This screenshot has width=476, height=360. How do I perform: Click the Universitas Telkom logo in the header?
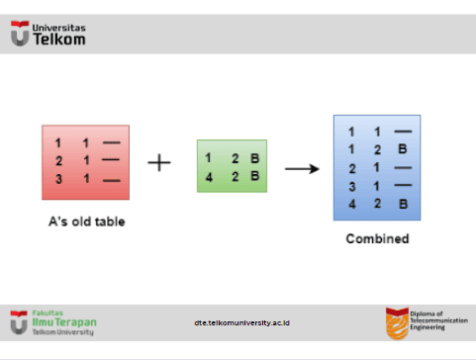pyautogui.click(x=48, y=34)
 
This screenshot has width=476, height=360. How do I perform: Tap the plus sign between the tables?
pyautogui.click(x=159, y=162)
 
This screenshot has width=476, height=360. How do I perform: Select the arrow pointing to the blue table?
pyautogui.click(x=302, y=169)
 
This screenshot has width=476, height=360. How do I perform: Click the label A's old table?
pyautogui.click(x=87, y=222)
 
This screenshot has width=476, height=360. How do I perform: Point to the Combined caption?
pyautogui.click(x=377, y=238)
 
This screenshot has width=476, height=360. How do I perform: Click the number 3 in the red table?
pyautogui.click(x=58, y=179)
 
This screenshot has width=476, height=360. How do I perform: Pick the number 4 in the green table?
pyautogui.click(x=209, y=177)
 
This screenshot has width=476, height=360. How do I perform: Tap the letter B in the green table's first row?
pyautogui.click(x=254, y=158)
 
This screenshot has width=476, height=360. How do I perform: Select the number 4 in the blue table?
pyautogui.click(x=352, y=204)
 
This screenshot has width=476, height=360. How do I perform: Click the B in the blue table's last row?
pyautogui.click(x=403, y=204)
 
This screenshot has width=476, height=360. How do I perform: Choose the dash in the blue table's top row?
pyautogui.click(x=403, y=132)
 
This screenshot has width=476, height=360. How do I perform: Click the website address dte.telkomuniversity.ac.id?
pyautogui.click(x=241, y=322)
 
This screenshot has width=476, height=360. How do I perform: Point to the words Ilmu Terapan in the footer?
pyautogui.click(x=64, y=322)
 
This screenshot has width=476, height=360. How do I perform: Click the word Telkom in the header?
pyautogui.click(x=59, y=40)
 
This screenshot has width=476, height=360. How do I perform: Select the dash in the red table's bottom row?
pyautogui.click(x=112, y=180)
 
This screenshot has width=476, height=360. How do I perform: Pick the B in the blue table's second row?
pyautogui.click(x=403, y=149)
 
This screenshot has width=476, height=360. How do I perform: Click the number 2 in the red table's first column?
pyautogui.click(x=58, y=161)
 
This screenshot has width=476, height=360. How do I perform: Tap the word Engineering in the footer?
pyautogui.click(x=428, y=327)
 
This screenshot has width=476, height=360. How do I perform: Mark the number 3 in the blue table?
pyautogui.click(x=352, y=187)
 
